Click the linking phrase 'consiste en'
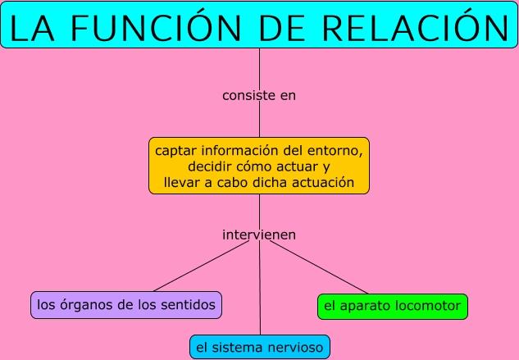pos(259,95)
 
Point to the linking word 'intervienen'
pos(259,235)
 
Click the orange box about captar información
pos(259,166)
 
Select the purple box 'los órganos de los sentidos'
pos(127,305)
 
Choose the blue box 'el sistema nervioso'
pos(260,347)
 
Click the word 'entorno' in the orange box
pos(332,152)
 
